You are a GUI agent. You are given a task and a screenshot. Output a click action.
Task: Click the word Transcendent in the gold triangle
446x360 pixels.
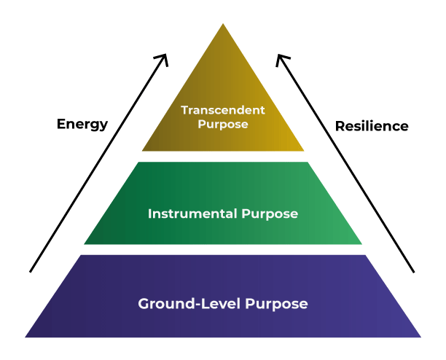(223, 110)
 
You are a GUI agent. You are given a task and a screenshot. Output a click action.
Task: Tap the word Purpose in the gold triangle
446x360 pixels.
(223, 125)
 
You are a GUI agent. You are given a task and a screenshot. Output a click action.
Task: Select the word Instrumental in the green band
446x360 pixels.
(192, 214)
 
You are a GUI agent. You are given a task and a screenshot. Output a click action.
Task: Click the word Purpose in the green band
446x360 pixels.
(270, 214)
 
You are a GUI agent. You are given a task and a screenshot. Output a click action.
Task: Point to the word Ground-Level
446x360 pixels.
(189, 303)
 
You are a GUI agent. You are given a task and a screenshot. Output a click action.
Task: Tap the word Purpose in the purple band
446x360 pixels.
(276, 305)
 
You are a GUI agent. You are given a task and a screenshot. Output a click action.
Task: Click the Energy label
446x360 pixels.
(82, 125)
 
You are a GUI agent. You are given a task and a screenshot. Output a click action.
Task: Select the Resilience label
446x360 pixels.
(372, 126)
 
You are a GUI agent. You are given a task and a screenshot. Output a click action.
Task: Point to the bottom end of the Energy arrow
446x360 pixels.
(31, 272)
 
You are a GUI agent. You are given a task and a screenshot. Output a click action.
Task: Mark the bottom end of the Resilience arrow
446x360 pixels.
(414, 272)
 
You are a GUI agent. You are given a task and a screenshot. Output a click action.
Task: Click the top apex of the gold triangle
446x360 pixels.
(223, 23)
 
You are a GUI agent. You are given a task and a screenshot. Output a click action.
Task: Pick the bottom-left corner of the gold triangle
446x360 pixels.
(142, 151)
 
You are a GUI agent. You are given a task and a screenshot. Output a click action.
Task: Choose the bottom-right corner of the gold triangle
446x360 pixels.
(304, 151)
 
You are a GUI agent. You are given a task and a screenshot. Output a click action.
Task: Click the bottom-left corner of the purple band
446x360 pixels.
(26, 337)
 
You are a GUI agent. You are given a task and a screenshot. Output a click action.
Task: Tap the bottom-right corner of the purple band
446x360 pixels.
(420, 337)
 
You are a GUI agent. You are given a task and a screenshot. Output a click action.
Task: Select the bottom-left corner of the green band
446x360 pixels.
(85, 244)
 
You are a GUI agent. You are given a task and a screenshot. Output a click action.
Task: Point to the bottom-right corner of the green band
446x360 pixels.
(361, 244)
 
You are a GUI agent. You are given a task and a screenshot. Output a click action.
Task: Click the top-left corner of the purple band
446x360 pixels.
(81, 255)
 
